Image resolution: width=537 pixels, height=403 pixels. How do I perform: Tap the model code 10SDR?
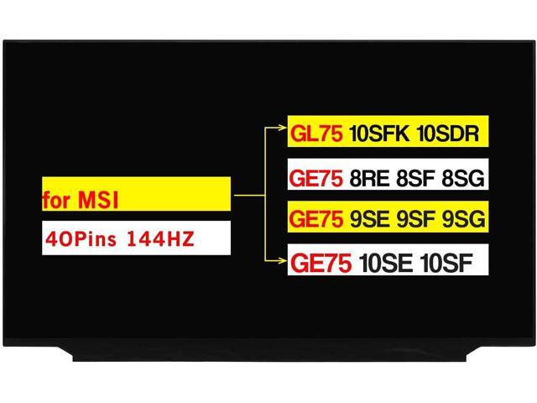[x=446, y=133]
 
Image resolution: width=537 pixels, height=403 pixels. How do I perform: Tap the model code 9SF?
[x=418, y=220]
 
